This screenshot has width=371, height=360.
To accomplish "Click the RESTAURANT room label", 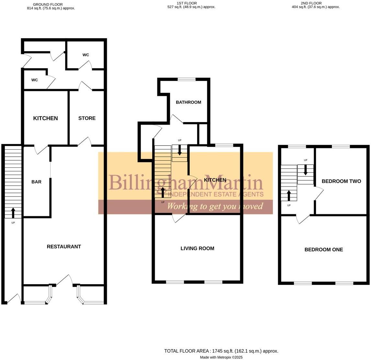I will click(x=64, y=247).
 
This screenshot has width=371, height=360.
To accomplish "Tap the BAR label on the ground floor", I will click(x=36, y=182).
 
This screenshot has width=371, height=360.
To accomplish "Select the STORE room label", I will click(x=87, y=118).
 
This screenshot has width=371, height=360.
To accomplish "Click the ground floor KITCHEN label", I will click(x=46, y=118).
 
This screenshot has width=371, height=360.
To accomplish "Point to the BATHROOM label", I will click(x=188, y=102).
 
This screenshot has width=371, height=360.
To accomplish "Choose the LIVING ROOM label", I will click(x=197, y=249).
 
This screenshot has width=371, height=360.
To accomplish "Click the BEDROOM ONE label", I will click(x=324, y=250).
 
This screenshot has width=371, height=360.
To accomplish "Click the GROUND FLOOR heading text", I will click(x=48, y=5).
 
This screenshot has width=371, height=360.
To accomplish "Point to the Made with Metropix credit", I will click(x=221, y=357).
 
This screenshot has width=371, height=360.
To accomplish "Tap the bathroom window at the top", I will click(x=186, y=79).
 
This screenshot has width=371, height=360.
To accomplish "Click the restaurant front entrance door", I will click(x=64, y=280).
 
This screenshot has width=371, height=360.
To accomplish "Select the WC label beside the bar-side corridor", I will click(x=35, y=80).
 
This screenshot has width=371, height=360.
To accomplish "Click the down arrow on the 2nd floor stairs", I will click(x=305, y=171).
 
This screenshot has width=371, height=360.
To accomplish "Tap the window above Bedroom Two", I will click(x=341, y=147).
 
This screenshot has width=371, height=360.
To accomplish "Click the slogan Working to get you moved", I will click(x=215, y=206).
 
